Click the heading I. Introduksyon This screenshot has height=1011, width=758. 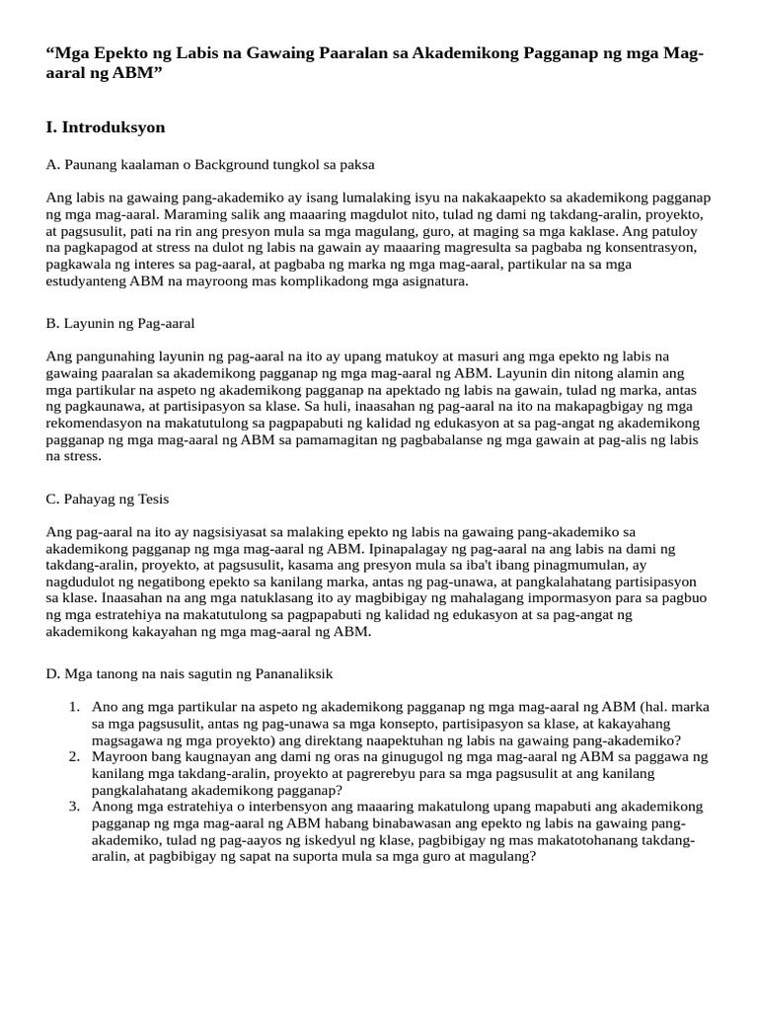(106, 127)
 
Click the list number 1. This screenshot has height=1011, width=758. (74, 708)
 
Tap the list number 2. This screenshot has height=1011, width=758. (74, 757)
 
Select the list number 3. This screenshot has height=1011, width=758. (74, 807)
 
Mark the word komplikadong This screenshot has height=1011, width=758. (300, 281)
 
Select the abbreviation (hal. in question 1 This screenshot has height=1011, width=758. (655, 708)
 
